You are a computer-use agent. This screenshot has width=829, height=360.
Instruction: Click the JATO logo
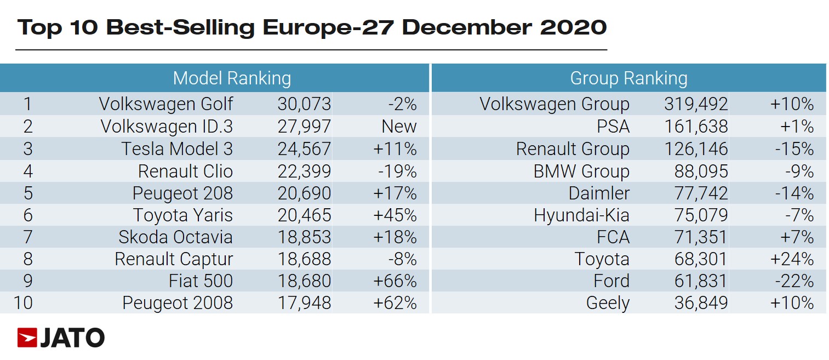pos(61,338)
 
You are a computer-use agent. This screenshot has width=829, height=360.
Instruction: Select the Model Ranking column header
pos(231,78)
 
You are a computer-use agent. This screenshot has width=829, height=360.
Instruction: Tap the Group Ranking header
pos(628,78)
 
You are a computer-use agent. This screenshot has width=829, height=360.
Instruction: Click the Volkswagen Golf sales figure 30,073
pos(304,104)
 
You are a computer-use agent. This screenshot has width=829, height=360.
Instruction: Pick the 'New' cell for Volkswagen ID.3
pos(399,127)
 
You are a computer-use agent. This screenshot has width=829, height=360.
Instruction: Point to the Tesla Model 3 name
pos(177,149)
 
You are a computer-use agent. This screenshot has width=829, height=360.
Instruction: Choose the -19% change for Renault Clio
pos(397,172)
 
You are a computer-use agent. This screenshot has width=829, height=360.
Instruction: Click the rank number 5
pos(27,193)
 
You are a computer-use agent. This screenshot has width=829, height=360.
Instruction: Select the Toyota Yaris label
pos(182,215)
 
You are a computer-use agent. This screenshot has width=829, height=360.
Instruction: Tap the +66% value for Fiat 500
pos(395,281)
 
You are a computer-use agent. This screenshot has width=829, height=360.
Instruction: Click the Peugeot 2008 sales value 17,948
pos(304,303)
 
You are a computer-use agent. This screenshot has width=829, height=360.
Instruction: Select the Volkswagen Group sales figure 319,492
pos(695,104)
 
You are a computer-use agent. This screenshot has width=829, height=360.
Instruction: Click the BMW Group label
pos(581,172)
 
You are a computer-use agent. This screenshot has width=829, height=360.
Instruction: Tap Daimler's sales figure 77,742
pos(701,193)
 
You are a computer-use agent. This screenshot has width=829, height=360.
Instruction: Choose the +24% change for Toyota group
pos(792,259)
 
